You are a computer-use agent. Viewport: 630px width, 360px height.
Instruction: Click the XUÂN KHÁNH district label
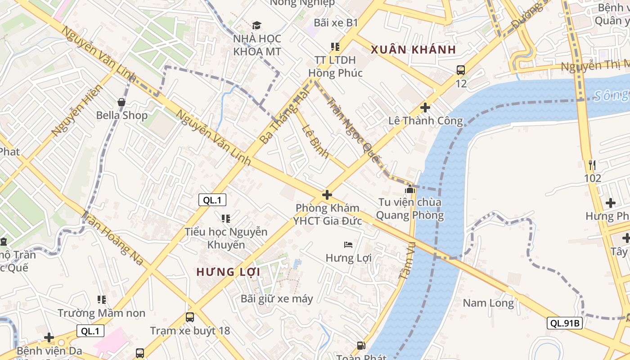tap(413, 49)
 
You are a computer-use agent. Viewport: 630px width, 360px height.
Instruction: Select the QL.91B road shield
tap(565, 323)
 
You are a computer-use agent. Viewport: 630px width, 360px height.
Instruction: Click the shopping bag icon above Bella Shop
tap(121, 102)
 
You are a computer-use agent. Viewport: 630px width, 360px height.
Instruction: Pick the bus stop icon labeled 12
tap(461, 70)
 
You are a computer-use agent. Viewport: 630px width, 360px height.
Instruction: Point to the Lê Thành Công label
tap(425, 121)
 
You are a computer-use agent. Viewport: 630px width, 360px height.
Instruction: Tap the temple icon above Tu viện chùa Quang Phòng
tap(409, 189)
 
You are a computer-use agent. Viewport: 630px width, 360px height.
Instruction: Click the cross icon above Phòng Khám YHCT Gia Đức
tap(327, 195)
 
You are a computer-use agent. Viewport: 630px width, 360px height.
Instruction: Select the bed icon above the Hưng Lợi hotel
tap(348, 245)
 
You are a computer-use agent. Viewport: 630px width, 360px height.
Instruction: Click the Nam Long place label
tap(488, 303)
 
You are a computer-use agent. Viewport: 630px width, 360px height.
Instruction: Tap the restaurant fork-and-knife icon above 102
tap(592, 165)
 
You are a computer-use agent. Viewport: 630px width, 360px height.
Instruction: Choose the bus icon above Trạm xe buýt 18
tap(190, 317)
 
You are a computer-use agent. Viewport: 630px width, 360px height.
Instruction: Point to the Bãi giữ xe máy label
tap(277, 298)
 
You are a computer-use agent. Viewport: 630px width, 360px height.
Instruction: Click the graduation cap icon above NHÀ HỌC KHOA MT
tap(256, 25)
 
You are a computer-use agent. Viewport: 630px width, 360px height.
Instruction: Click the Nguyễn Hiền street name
tap(76, 111)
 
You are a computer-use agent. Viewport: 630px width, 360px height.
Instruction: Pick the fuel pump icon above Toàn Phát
tap(361, 346)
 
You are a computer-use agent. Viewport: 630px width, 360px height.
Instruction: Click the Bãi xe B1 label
tap(336, 22)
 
